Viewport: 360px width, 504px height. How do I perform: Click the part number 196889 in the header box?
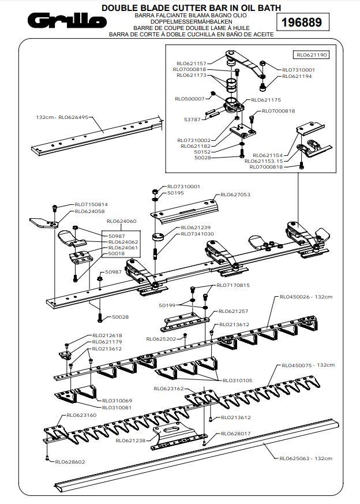[300, 23]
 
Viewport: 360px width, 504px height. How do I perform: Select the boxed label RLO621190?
[312, 55]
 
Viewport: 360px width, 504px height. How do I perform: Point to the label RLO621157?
[190, 64]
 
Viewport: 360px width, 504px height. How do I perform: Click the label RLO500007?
[190, 99]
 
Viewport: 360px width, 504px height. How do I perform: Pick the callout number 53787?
[192, 119]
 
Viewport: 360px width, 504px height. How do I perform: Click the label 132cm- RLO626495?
[62, 117]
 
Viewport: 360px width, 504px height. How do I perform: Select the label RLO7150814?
[91, 204]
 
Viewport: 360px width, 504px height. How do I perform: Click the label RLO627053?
[234, 195]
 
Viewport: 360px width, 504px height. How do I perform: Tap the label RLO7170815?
[233, 285]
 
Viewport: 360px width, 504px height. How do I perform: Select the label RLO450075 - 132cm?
[307, 365]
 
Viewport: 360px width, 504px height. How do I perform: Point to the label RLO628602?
[70, 461]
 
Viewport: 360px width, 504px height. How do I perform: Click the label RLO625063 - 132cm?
[305, 458]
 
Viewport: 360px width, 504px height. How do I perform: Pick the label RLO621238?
[130, 440]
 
